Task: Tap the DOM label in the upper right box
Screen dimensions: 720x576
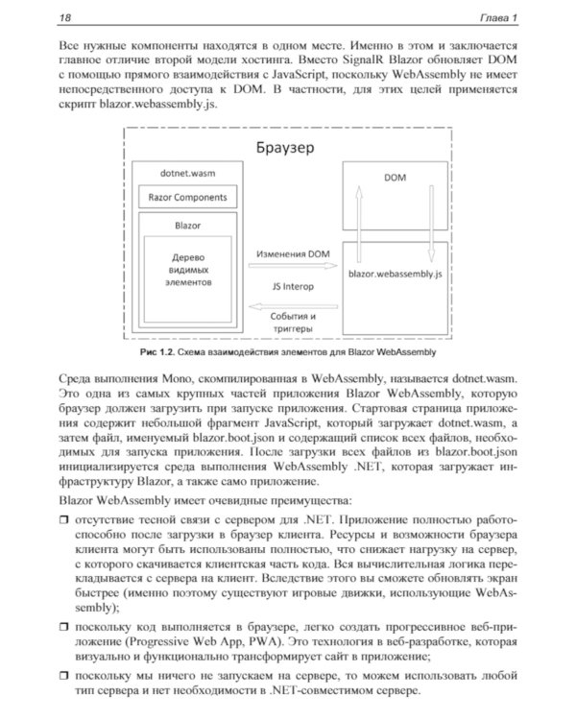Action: tap(394, 178)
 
